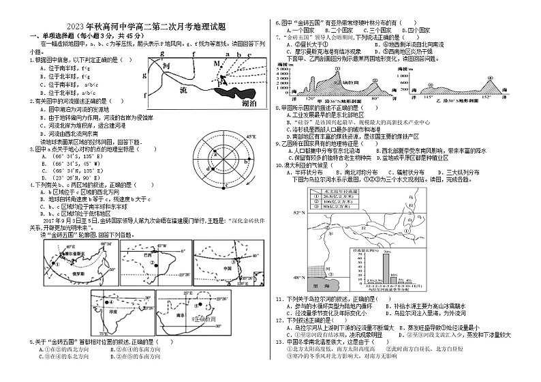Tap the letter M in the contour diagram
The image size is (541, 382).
[x=217, y=63]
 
